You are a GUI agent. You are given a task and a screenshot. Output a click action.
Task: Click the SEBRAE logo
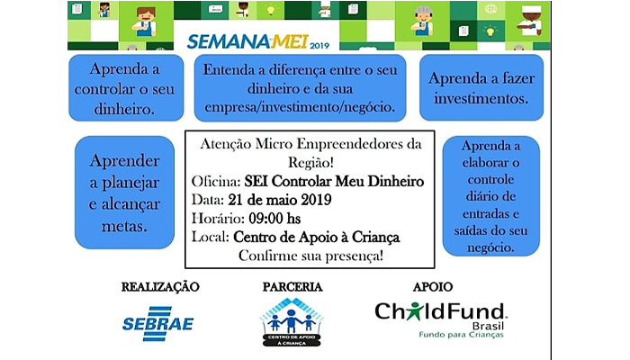pos(157,323)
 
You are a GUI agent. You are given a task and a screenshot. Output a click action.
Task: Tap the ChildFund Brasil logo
pos(441,319)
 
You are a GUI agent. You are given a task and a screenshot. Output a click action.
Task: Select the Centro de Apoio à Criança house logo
pos(292,322)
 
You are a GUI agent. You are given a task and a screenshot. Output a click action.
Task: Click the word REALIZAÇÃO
pos(160,287)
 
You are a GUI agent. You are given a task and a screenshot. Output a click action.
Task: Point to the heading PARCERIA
pos(292,287)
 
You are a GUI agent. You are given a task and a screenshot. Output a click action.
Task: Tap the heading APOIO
pos(433,287)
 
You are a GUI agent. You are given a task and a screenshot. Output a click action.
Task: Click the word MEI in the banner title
pos(289,41)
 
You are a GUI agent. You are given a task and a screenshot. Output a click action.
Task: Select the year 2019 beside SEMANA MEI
pos(319,46)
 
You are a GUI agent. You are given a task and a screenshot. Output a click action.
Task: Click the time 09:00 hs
pos(274,219)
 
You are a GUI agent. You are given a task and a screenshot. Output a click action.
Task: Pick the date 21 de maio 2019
pos(280,200)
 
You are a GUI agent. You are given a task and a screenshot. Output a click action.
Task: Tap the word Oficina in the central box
pos(216,181)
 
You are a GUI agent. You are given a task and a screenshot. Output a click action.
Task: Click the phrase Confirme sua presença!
pos(310,256)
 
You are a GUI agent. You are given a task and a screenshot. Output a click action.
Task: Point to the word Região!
pos(310,163)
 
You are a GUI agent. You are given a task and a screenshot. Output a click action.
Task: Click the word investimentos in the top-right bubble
pos(481,98)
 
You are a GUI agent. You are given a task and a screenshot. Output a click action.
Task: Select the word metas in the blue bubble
pos(124,226)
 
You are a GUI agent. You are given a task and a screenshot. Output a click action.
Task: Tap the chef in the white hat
pos(530,21)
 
